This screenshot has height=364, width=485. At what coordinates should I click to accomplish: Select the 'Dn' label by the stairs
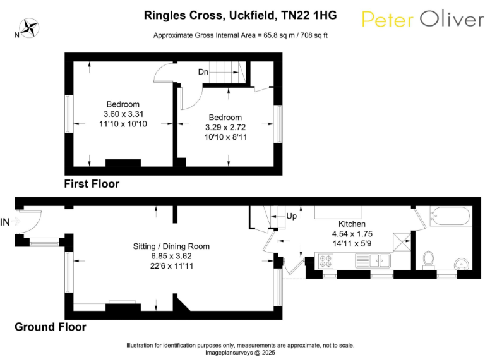point(203,72)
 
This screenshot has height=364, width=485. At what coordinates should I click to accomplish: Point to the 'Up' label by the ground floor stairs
point(292,216)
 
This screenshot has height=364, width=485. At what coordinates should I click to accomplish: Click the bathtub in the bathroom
point(449,217)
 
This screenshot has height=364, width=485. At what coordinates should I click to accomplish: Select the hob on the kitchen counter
point(327,259)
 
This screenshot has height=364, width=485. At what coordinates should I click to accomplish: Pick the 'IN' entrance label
point(6,222)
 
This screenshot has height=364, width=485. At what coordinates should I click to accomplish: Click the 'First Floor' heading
point(92,185)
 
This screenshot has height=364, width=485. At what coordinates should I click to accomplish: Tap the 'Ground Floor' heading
point(51,327)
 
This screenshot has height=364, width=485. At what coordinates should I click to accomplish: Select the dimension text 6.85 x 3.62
point(171,256)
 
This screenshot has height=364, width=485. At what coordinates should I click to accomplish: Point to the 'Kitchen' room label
point(352,224)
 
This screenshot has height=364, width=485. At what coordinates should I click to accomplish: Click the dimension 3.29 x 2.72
point(225,127)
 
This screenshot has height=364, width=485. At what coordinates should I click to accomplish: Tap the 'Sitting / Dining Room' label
point(171,246)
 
